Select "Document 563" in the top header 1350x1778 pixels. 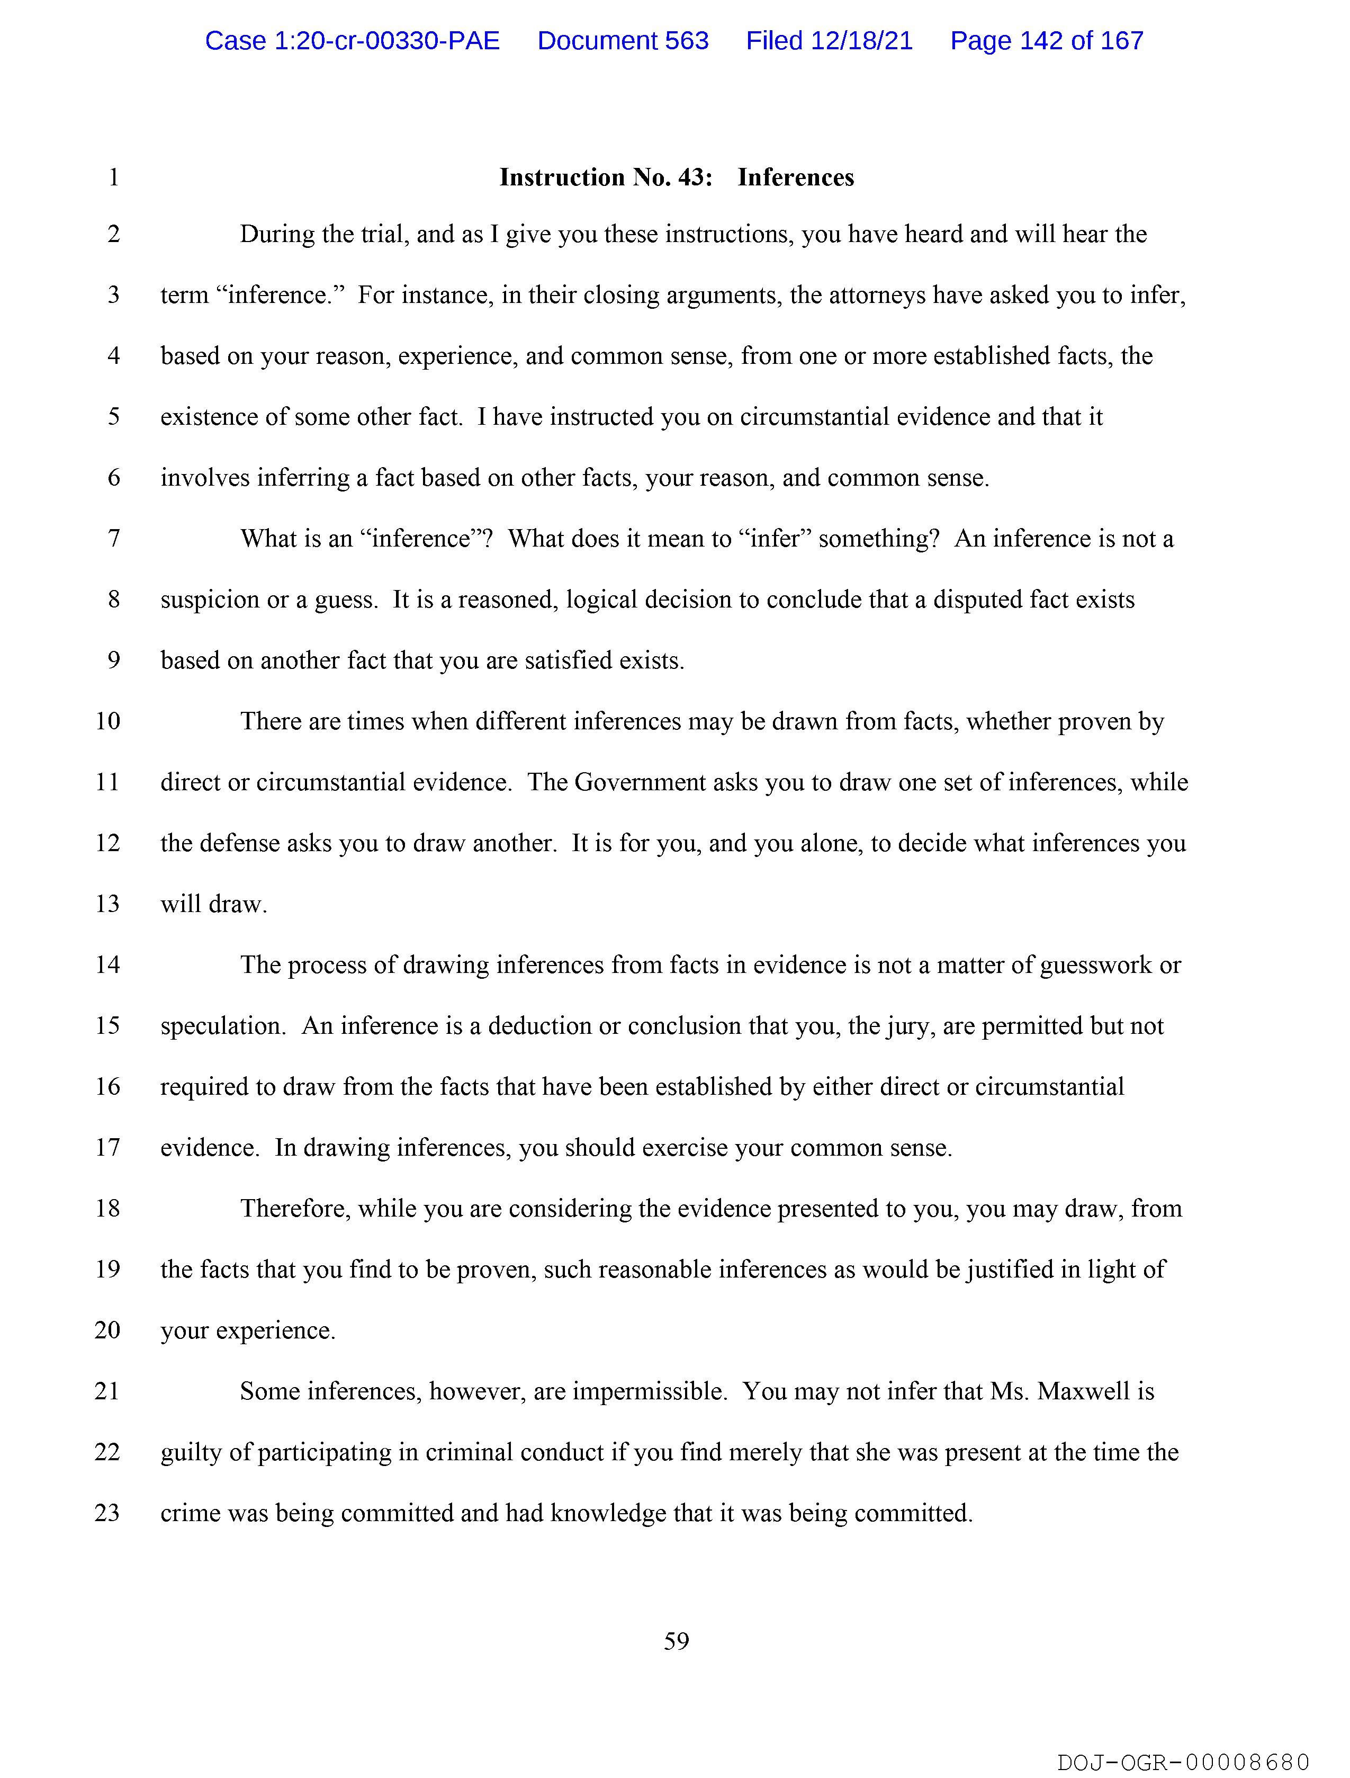pos(623,40)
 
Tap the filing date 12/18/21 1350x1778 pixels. pos(861,40)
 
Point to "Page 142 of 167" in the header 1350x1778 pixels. pos(1046,40)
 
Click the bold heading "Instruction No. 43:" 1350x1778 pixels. pos(606,177)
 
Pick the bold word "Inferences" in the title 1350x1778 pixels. pos(796,177)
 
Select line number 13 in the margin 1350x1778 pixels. pos(107,904)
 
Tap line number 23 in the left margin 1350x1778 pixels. pos(107,1513)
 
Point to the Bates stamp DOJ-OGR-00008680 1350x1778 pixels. pos(1183,1762)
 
